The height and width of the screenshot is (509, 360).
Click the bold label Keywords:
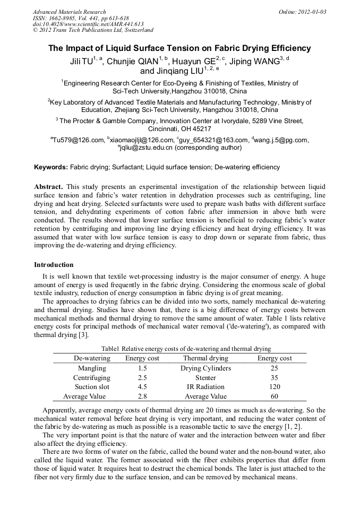[x=51, y=167]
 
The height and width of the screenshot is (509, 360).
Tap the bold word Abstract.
[x=48, y=187]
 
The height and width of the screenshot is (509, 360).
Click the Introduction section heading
[x=54, y=264]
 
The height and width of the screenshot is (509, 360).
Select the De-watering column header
[x=92, y=358]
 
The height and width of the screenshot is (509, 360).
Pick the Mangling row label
[x=92, y=368]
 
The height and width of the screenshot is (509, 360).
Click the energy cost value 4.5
[x=142, y=387]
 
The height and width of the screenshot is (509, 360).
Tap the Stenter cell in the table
[x=205, y=377]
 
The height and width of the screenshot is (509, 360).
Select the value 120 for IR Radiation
[x=275, y=387]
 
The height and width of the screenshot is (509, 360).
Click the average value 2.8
[x=142, y=396]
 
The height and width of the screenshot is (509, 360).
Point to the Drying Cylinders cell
[x=205, y=368]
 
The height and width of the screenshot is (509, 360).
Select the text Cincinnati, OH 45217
[x=179, y=129]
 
